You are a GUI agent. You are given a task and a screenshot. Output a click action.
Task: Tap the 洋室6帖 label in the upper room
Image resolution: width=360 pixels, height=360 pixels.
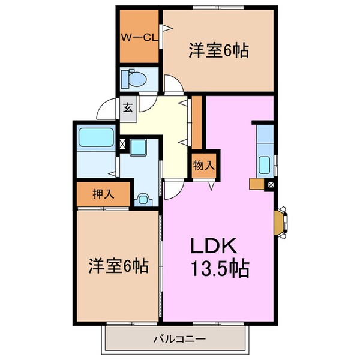click(219, 52)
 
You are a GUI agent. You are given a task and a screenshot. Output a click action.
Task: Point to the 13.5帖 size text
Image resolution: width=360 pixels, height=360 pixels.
click(219, 268)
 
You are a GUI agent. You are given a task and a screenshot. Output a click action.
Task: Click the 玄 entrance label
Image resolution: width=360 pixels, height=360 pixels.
click(128, 109)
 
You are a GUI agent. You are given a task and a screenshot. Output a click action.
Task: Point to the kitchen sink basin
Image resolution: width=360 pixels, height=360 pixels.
click(263, 164)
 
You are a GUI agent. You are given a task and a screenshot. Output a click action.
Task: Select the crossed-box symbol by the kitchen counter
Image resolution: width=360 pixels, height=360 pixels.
click(271, 185)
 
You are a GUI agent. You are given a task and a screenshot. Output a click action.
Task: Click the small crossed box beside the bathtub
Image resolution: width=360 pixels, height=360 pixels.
click(122, 144)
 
